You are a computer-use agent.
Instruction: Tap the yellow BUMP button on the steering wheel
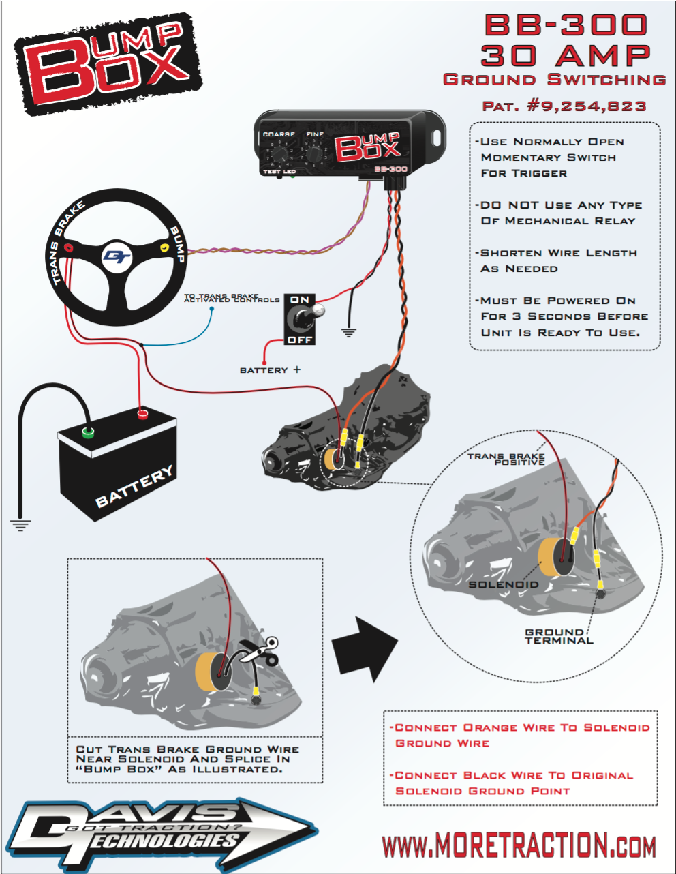click(x=164, y=247)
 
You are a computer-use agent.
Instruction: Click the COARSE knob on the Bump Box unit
click(x=279, y=155)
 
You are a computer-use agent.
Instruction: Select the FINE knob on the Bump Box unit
click(x=313, y=155)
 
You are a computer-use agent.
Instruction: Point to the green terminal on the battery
click(x=88, y=431)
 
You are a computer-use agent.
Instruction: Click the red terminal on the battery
click(x=142, y=413)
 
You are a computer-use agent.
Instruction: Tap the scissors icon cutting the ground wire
click(x=262, y=652)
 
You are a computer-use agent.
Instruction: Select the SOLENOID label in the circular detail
click(x=503, y=584)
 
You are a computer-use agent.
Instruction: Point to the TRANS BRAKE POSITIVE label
click(x=506, y=459)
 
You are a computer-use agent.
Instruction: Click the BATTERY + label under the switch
click(x=270, y=370)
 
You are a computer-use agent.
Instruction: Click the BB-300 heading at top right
click(x=566, y=25)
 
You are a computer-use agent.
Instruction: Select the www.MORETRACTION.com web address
click(x=519, y=846)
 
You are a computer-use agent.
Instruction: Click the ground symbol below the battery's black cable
click(x=20, y=525)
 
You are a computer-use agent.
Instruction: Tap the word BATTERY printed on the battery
click(x=134, y=487)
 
